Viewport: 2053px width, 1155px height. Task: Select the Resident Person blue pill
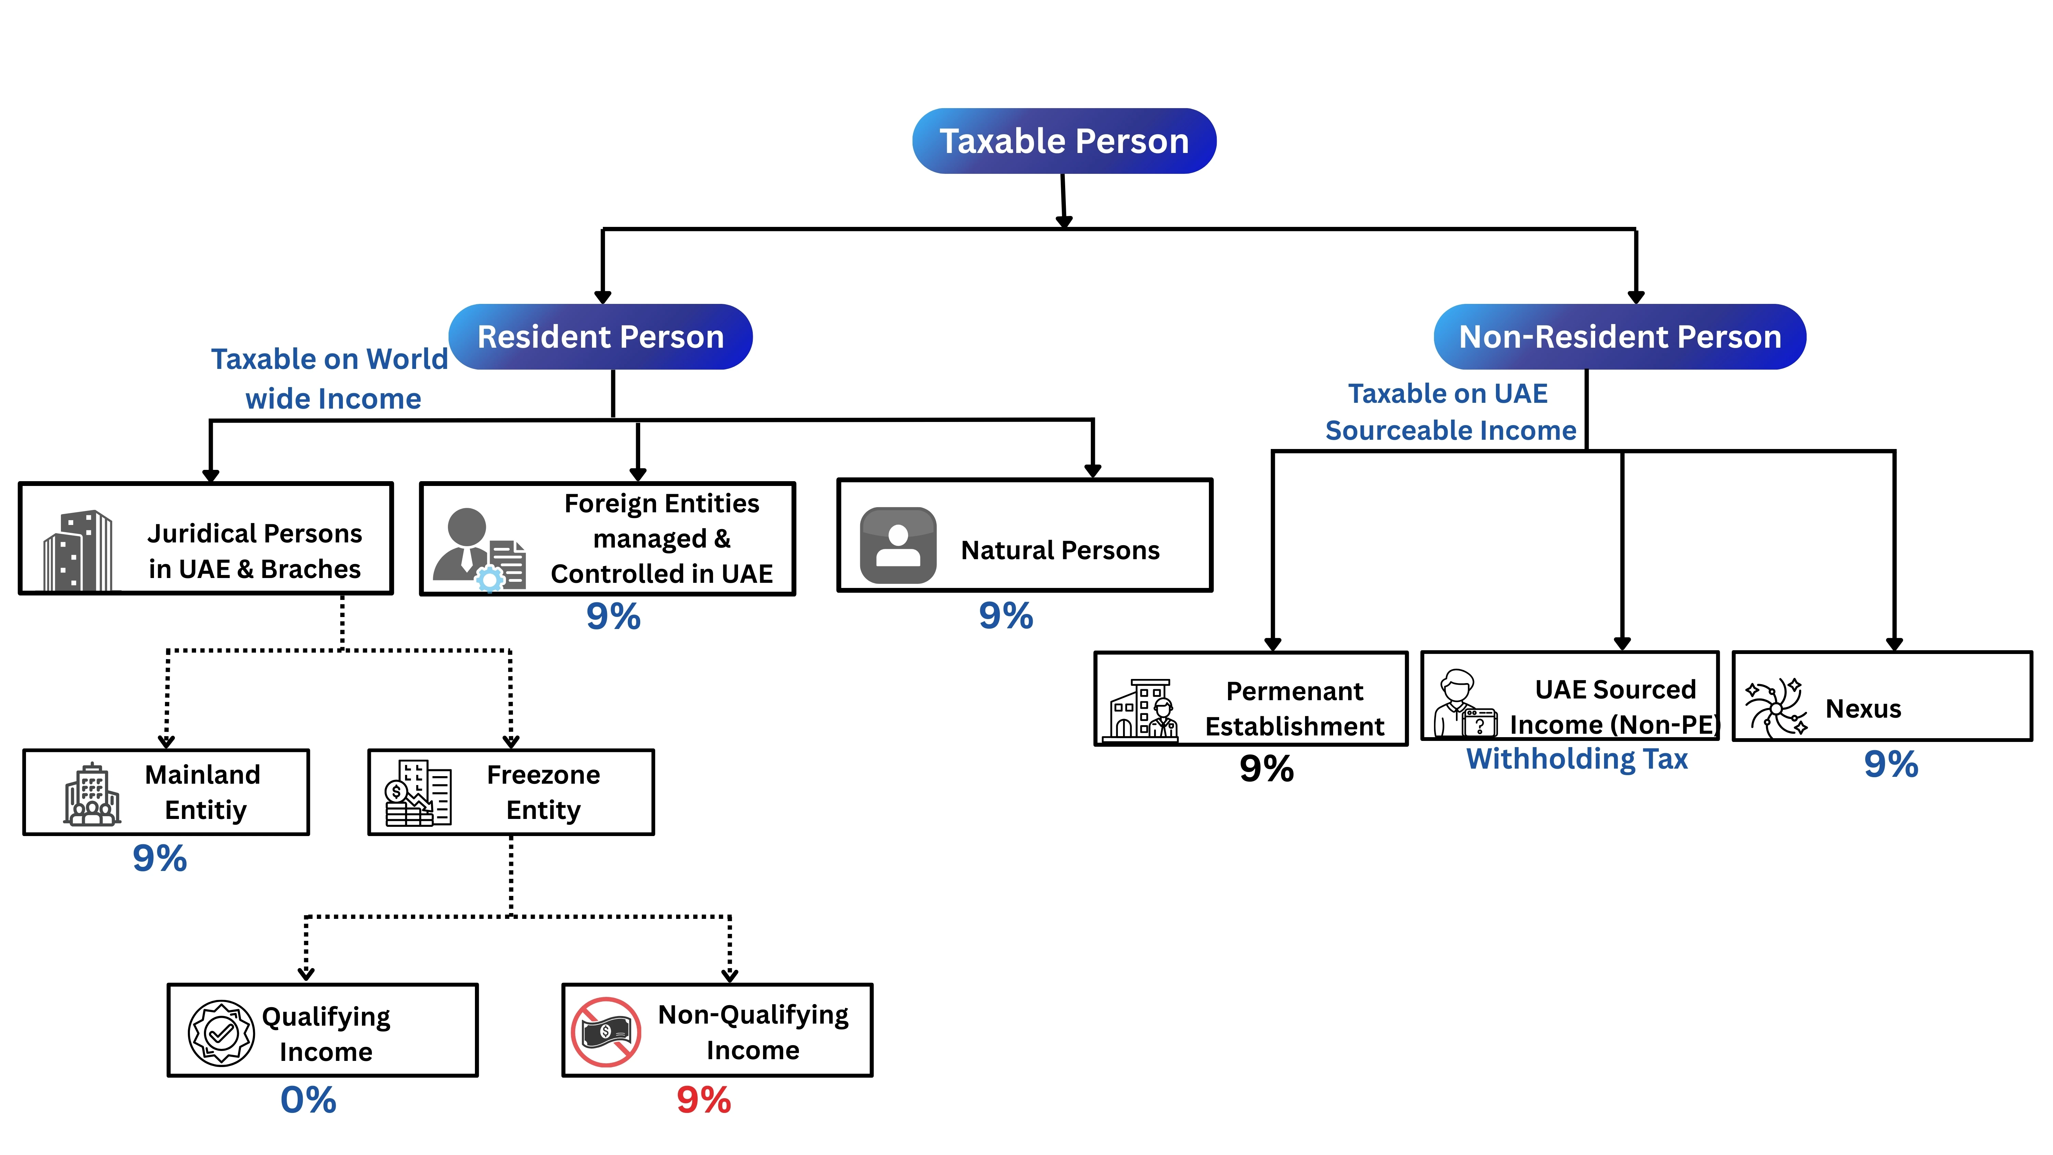click(600, 336)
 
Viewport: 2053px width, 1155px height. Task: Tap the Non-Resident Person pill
click(1619, 336)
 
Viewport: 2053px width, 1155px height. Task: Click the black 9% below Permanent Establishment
click(1266, 768)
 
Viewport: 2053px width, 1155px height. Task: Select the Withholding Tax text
click(1576, 759)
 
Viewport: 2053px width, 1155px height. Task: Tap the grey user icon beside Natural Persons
click(898, 545)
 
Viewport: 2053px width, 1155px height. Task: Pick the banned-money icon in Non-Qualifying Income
click(606, 1031)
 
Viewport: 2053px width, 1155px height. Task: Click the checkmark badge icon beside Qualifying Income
click(221, 1033)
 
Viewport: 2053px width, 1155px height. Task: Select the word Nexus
click(1862, 709)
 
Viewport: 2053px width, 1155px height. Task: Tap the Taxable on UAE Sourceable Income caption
click(1450, 412)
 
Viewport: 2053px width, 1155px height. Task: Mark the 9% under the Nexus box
click(1890, 763)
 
